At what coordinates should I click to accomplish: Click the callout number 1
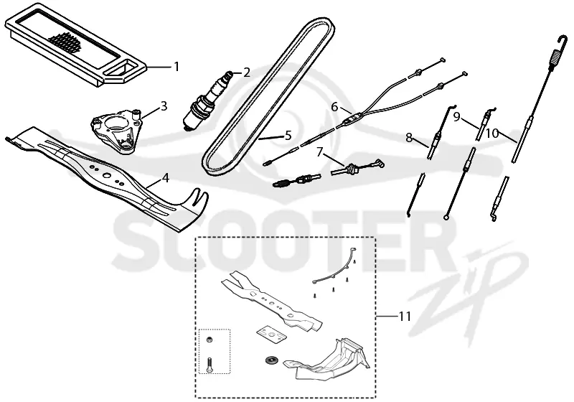177,67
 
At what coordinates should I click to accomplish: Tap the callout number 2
247,73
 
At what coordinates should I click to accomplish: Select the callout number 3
164,106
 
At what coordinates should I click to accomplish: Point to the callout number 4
166,178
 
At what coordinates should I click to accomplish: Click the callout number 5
288,136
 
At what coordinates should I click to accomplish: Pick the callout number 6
334,107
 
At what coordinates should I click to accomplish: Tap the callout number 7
320,152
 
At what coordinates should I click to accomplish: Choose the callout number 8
409,138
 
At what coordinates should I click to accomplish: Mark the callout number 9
456,117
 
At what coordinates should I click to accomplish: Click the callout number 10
493,134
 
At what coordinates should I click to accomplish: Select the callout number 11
405,316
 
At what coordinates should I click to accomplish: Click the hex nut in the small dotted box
210,340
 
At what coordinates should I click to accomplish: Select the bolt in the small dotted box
210,365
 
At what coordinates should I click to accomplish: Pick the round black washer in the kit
271,360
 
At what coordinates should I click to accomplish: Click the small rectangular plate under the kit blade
271,335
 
